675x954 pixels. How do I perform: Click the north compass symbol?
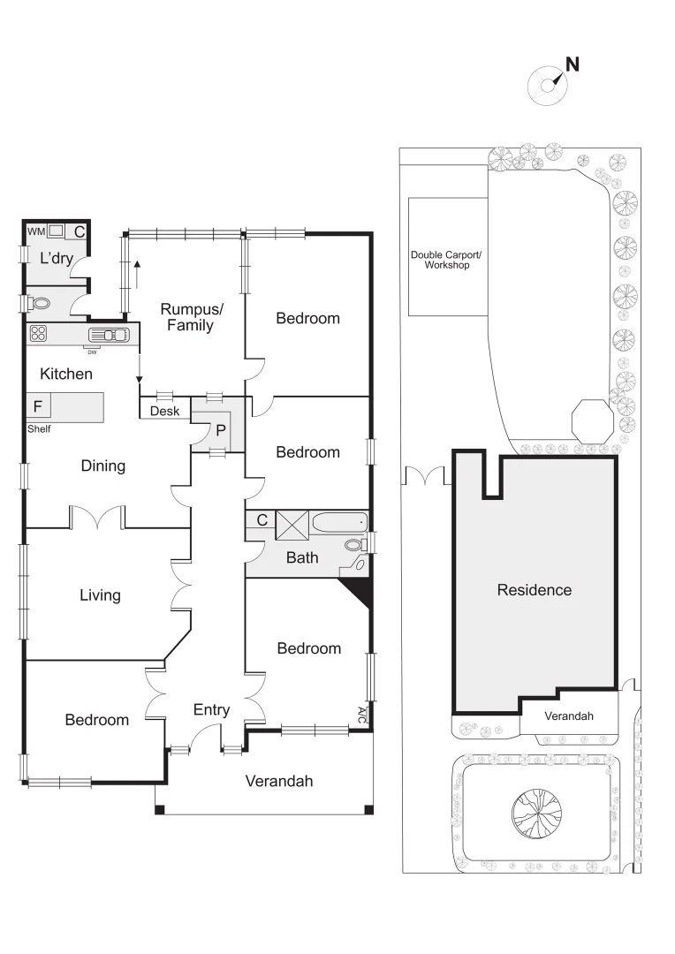pos(547,84)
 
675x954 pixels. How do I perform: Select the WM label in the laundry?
pos(36,231)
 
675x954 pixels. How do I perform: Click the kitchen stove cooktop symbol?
pos(38,333)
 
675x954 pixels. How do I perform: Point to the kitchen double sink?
pos(110,335)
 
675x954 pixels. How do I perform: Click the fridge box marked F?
pos(37,406)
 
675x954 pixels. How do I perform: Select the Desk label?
pos(164,412)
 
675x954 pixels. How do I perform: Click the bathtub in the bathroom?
pos(339,523)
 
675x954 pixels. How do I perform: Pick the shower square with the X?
pos(292,524)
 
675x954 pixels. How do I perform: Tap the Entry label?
pos(211,709)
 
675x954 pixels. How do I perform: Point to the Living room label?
pos(100,595)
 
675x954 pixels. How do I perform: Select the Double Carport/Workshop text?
pos(447,260)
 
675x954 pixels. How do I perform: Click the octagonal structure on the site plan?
pos(592,419)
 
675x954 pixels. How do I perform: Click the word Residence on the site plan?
pos(534,590)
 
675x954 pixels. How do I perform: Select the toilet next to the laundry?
pos(39,302)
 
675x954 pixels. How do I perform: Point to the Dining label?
pos(102,466)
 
